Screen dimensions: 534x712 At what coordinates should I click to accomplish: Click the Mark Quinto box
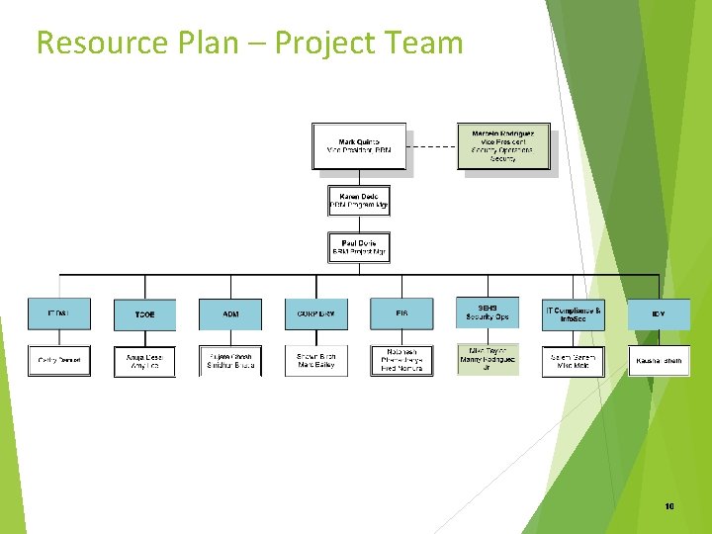(x=358, y=145)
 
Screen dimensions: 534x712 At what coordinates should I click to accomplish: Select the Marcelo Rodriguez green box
(x=503, y=145)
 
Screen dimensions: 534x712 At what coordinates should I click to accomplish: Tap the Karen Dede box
(x=358, y=201)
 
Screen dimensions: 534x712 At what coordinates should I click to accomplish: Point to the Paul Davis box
(x=358, y=247)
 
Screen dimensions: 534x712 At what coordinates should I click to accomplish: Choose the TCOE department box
(x=144, y=314)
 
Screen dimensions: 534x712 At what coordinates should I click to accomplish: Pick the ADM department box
(x=230, y=314)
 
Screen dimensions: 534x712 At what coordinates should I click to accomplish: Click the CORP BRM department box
(x=316, y=314)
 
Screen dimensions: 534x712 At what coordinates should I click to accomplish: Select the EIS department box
(x=401, y=314)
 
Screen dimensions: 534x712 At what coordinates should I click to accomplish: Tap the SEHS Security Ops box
(x=487, y=312)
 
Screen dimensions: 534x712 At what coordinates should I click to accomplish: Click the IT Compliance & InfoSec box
(x=573, y=314)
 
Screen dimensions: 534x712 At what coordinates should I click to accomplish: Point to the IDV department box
(x=659, y=314)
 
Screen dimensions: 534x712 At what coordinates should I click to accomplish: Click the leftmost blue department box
(x=58, y=314)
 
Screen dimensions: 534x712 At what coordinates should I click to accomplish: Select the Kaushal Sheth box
(x=659, y=361)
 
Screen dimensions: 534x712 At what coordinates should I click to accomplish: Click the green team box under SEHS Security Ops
(x=487, y=360)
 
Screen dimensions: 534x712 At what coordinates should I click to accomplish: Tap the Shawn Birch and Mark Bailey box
(x=316, y=361)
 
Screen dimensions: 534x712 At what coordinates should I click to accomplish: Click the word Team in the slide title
(x=426, y=43)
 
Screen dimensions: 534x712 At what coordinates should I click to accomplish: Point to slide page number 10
(x=669, y=506)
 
